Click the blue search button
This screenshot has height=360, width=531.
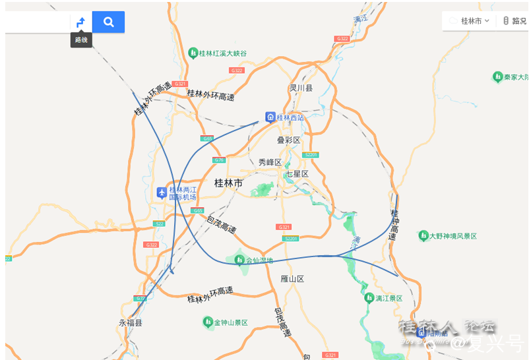tap(108, 22)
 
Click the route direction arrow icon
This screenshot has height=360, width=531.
tap(80, 22)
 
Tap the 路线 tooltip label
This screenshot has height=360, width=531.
tap(81, 40)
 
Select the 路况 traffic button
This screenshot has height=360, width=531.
tap(515, 20)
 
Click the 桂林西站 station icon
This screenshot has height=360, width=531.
tap(270, 117)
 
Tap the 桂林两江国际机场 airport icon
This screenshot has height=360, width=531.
tap(162, 193)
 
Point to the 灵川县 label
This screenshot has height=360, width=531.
tap(301, 88)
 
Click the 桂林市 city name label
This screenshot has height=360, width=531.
tap(228, 183)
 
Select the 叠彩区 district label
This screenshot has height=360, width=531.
tap(288, 140)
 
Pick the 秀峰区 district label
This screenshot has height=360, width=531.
tap(270, 162)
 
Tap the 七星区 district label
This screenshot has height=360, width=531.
tap(297, 173)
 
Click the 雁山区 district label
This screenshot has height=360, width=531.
tap(292, 279)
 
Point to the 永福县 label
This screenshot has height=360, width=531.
tap(131, 323)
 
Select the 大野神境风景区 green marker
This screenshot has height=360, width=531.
tap(423, 235)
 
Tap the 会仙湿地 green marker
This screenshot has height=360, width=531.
tap(240, 260)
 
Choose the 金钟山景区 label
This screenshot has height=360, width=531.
tap(230, 322)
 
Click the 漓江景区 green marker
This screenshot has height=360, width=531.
tap(369, 297)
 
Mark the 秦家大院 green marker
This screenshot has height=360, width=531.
tap(498, 77)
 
